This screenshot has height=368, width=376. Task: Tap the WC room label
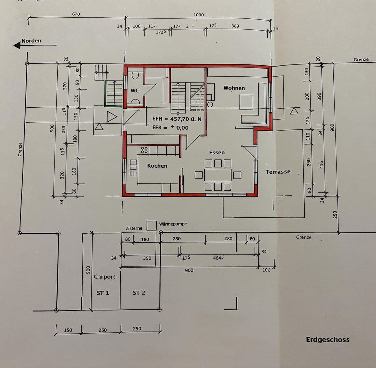pyautogui.click(x=135, y=91)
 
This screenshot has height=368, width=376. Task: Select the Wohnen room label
pyautogui.click(x=234, y=88)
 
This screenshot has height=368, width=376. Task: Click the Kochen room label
pyautogui.click(x=157, y=166)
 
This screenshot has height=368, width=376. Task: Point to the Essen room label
pyautogui.click(x=217, y=153)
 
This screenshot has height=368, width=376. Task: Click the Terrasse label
pyautogui.click(x=278, y=172)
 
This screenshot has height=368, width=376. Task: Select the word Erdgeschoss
pyautogui.click(x=328, y=339)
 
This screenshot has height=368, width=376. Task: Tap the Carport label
pyautogui.click(x=105, y=277)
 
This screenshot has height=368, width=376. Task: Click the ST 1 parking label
pyautogui.click(x=103, y=293)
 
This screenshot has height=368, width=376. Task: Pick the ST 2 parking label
pyautogui.click(x=139, y=293)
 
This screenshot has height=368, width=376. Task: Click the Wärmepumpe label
pyautogui.click(x=173, y=224)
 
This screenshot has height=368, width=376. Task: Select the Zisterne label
pyautogui.click(x=134, y=228)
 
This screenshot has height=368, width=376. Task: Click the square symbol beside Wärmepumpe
pyautogui.click(x=151, y=226)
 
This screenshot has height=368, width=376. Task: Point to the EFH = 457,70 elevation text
pyautogui.click(x=177, y=119)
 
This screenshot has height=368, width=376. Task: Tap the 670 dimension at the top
pyautogui.click(x=76, y=14)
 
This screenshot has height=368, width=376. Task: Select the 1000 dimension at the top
pyautogui.click(x=198, y=15)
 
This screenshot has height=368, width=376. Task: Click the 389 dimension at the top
pyautogui.click(x=235, y=26)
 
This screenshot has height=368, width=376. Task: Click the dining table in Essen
pyautogui.click(x=218, y=175)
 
